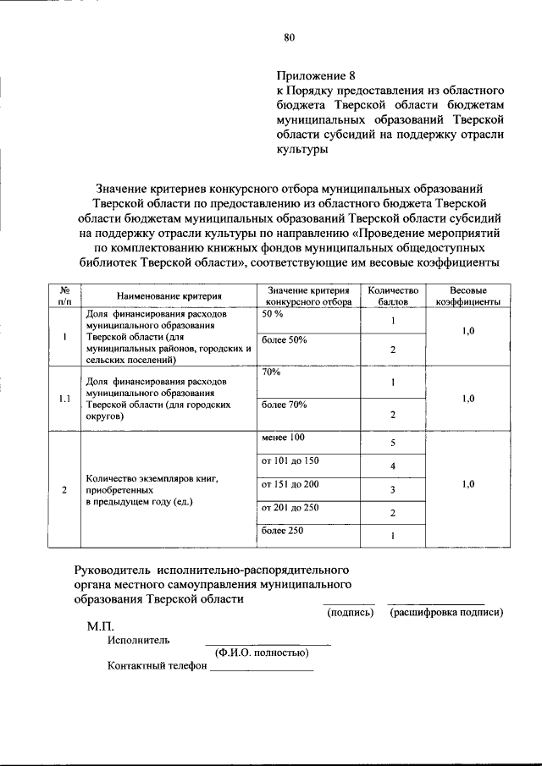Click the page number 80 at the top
(289, 36)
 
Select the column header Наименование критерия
(169, 296)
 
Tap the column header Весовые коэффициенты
(467, 295)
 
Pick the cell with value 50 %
(273, 314)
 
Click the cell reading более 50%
(284, 339)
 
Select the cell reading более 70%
(284, 405)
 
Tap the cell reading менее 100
(282, 437)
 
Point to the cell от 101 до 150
(289, 460)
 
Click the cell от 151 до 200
(289, 484)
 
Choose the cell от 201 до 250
(289, 508)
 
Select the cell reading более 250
(282, 531)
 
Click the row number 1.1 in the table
(64, 398)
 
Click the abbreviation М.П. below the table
(100, 630)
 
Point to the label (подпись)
(350, 612)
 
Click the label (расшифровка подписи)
(446, 612)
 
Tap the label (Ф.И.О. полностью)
(261, 653)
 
